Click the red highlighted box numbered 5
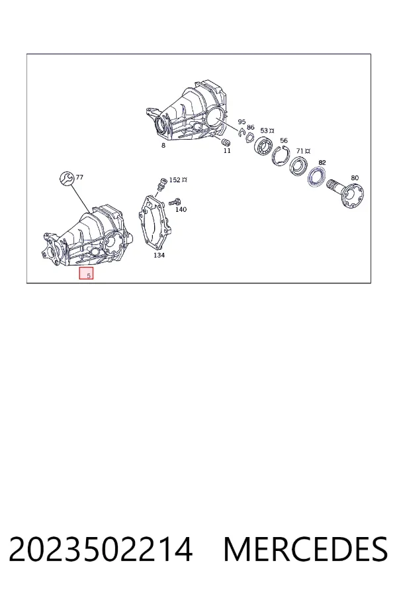pos(86,273)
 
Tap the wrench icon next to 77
pos(67,178)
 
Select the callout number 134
pos(159,255)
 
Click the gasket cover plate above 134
pos(155,221)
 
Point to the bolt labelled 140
pos(175,201)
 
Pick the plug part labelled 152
pos(162,184)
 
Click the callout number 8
pos(163,145)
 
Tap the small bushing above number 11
pos(226,142)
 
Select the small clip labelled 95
pos(242,132)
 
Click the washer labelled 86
pos(250,137)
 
